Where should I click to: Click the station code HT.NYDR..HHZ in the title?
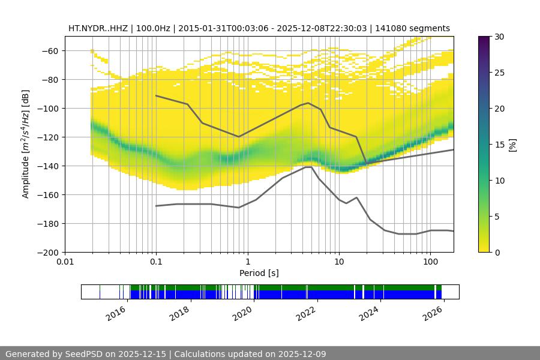[96, 28]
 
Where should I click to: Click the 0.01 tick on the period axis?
[65, 262]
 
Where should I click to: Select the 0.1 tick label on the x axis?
[156, 262]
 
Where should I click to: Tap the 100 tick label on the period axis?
[430, 262]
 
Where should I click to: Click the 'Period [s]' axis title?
[259, 274]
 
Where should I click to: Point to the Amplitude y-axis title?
[26, 144]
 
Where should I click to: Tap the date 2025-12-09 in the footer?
[297, 354]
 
